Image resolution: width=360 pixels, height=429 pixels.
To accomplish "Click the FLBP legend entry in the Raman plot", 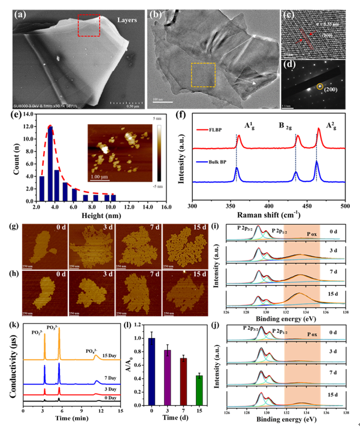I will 214,128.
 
